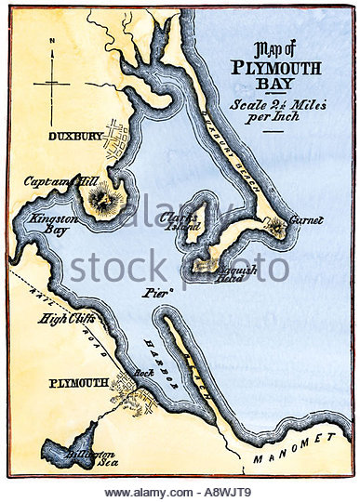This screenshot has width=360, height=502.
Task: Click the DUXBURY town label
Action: click(75, 136)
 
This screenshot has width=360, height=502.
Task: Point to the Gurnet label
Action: click(306, 220)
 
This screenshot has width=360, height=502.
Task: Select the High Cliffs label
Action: click(64, 319)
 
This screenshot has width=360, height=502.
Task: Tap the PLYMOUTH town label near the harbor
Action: click(73, 381)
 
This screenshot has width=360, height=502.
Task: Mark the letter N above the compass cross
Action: click(55, 41)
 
